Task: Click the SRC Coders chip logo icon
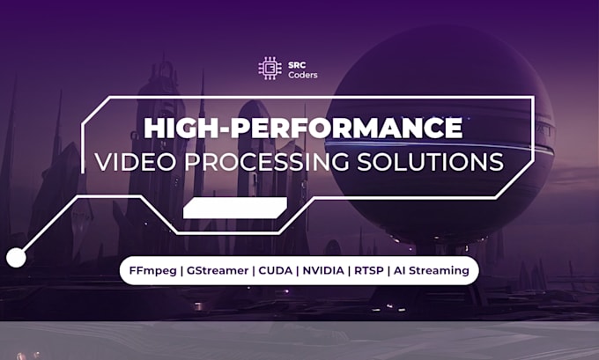pyautogui.click(x=267, y=68)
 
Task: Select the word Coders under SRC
pyautogui.click(x=300, y=74)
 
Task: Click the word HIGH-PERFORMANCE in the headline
pyautogui.click(x=302, y=128)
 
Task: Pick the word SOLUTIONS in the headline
pyautogui.click(x=439, y=162)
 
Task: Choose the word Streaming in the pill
pyautogui.click(x=442, y=270)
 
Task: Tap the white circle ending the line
pyautogui.click(x=16, y=257)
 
